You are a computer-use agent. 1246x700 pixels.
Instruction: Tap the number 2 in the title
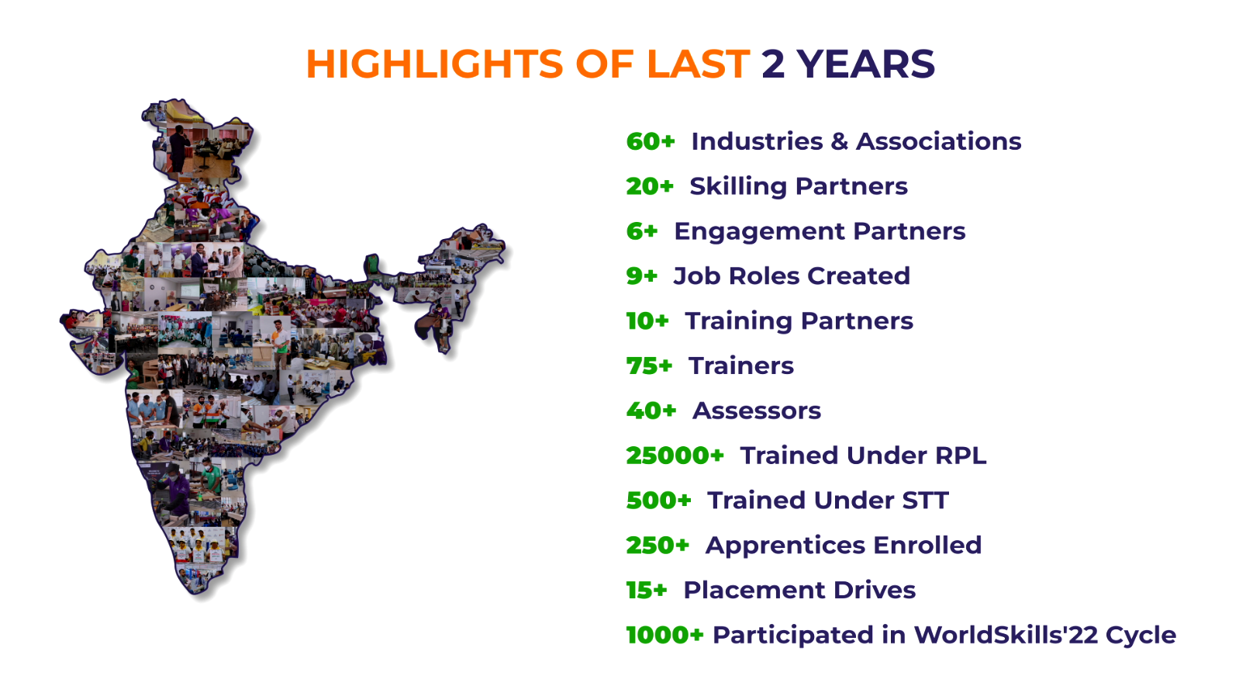point(772,64)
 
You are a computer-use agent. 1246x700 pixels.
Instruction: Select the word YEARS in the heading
point(865,64)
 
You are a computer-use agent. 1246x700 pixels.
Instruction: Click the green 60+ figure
point(651,141)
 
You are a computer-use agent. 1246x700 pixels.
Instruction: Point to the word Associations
point(938,141)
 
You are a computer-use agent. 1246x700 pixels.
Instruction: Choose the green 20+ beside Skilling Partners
point(650,186)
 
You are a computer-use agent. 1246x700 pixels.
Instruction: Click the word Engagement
point(759,232)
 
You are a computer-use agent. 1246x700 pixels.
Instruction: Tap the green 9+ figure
point(641,276)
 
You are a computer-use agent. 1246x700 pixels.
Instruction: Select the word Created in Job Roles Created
point(858,276)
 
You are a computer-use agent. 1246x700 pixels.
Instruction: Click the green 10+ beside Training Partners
point(647,321)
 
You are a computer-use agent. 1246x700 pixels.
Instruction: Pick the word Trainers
point(741,366)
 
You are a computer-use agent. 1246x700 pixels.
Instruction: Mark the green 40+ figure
point(651,411)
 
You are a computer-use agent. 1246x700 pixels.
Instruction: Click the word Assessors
point(757,411)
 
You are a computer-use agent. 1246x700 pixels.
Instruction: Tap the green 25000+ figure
point(675,456)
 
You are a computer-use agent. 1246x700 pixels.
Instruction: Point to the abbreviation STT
point(925,501)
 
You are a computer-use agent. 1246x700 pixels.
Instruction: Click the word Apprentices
point(785,546)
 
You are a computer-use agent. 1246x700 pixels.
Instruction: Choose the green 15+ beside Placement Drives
point(647,591)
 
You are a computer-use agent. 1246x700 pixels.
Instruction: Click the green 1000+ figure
point(664,636)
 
